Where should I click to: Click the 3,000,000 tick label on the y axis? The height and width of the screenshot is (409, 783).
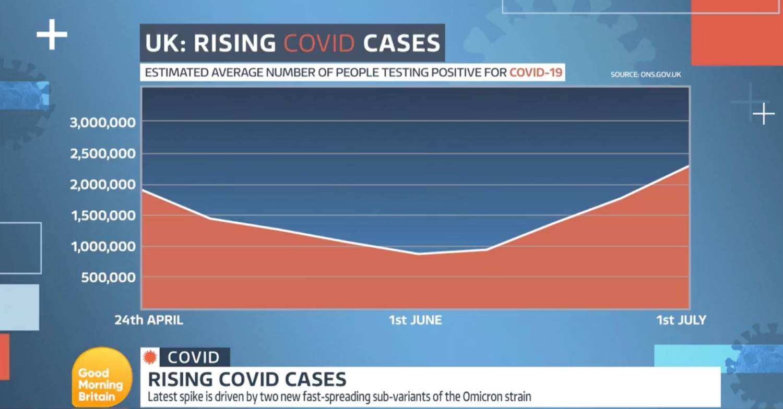click(x=103, y=123)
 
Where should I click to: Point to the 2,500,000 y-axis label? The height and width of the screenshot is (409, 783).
click(x=103, y=154)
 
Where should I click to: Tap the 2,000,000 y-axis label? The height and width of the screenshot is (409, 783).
click(x=103, y=185)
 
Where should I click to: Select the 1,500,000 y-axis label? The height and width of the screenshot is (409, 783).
click(x=103, y=215)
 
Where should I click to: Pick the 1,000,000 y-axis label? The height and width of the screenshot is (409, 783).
click(x=103, y=246)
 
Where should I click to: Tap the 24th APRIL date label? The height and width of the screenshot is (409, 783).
click(x=149, y=320)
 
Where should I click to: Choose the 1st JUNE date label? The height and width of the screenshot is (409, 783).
click(x=415, y=320)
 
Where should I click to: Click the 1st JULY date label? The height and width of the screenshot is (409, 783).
click(x=681, y=320)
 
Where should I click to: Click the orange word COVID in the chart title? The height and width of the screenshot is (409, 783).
click(x=319, y=44)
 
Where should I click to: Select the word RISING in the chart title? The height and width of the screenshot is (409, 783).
click(x=235, y=44)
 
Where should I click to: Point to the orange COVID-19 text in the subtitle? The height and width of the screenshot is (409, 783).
click(x=536, y=73)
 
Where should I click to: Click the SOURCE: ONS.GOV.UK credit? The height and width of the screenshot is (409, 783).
click(x=646, y=75)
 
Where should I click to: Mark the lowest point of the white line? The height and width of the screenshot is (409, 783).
click(x=419, y=254)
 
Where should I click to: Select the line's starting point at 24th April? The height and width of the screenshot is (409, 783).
click(x=143, y=190)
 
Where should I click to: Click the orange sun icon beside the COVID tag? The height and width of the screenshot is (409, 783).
click(x=150, y=357)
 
